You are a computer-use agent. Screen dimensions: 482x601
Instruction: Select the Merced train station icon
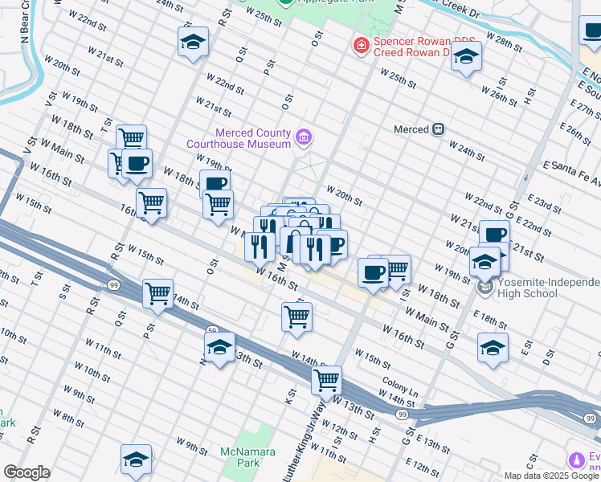click(x=439, y=129)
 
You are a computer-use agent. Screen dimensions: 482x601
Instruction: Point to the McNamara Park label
click(x=239, y=458)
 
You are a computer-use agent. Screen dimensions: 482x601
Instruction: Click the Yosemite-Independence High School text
click(x=549, y=288)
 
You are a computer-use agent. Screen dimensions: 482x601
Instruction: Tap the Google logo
click(x=27, y=472)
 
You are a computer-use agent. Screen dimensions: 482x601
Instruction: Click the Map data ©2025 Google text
click(x=551, y=476)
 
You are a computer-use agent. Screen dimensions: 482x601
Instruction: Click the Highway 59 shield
click(x=212, y=330)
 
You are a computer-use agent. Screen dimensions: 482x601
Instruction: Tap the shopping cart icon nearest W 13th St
click(x=326, y=380)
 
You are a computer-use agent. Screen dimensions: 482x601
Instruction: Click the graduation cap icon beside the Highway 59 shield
click(x=219, y=348)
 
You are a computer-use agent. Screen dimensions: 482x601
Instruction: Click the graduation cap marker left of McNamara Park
click(x=137, y=460)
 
